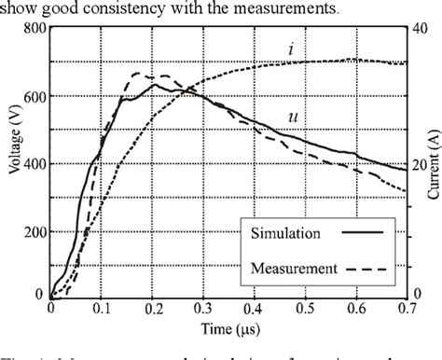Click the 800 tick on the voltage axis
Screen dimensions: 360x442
[x=32, y=29]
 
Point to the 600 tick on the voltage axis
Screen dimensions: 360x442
[x=32, y=94]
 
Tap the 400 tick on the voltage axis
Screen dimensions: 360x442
[x=32, y=162]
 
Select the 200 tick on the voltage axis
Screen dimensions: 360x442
[x=32, y=228]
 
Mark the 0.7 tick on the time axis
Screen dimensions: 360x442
[x=405, y=310]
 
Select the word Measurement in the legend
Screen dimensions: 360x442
[x=293, y=269]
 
